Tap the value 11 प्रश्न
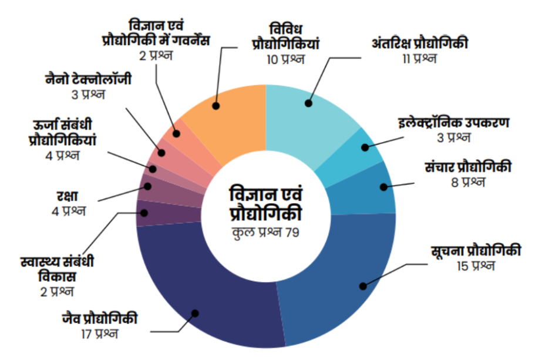pyautogui.click(x=419, y=59)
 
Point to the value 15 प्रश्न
pyautogui.click(x=476, y=266)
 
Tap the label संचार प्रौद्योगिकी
pyautogui.click(x=468, y=167)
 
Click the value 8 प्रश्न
pyautogui.click(x=468, y=182)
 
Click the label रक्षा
pyautogui.click(x=69, y=196)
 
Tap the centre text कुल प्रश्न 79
pyautogui.click(x=265, y=233)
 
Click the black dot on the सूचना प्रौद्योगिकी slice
pyautogui.click(x=363, y=286)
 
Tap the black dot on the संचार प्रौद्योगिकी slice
pyautogui.click(x=383, y=187)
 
